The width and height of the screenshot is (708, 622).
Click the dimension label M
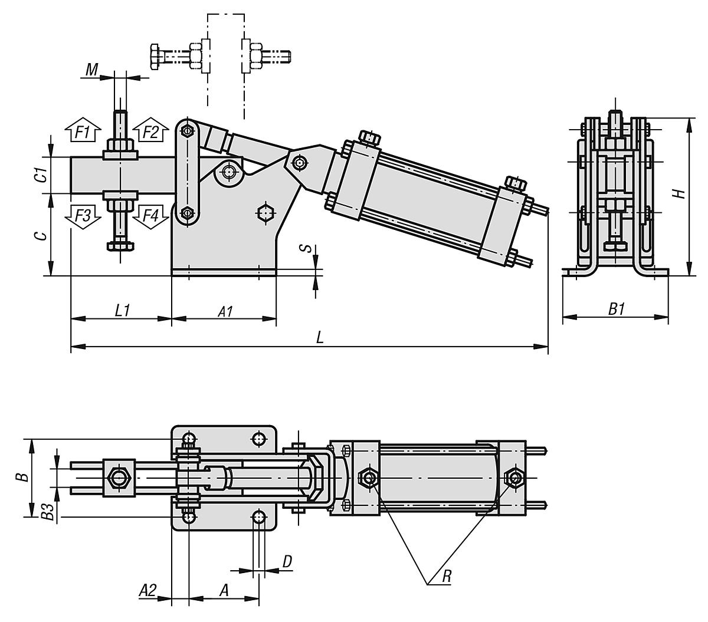coord(91,70)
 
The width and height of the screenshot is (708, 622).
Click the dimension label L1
coord(122,310)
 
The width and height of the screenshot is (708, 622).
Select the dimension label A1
coord(225,311)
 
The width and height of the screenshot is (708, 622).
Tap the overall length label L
coord(319,338)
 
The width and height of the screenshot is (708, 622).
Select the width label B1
coord(616,309)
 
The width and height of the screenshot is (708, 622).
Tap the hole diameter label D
coord(287,561)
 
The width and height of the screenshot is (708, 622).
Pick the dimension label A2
coord(147,590)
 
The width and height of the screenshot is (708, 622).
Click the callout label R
coord(447,577)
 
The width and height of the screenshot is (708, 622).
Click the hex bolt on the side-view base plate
coord(267,212)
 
